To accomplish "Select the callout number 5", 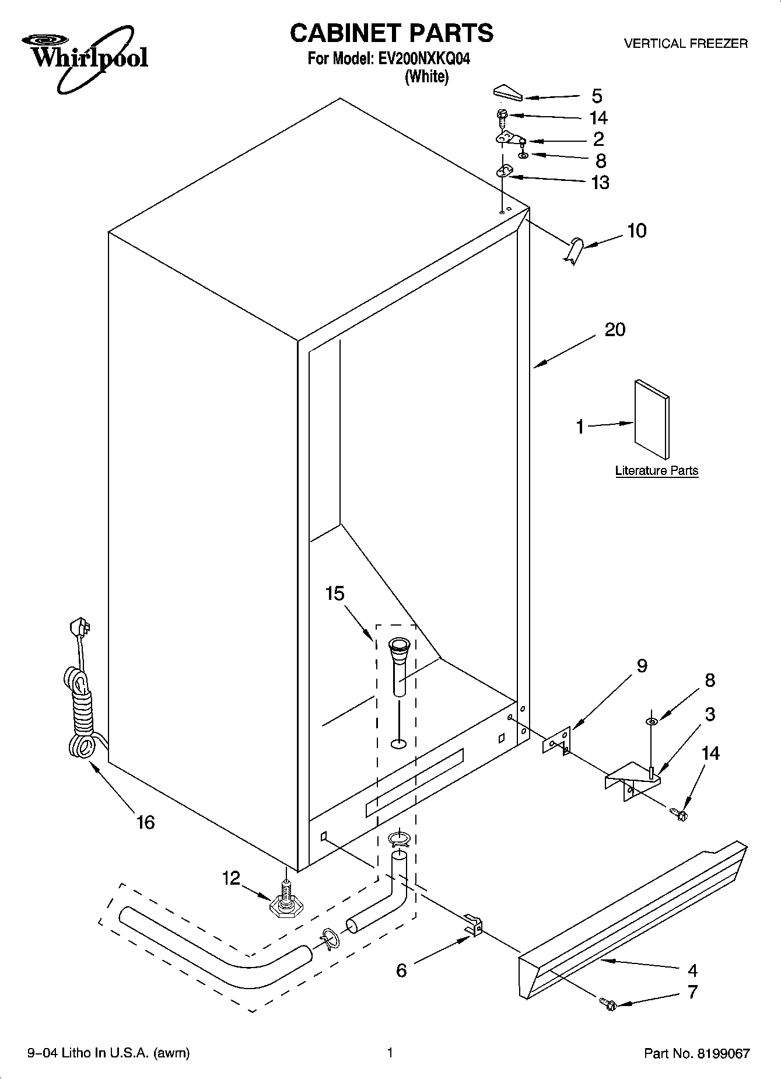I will (597, 96).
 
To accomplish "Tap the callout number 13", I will (600, 182).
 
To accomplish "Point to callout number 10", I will (637, 231).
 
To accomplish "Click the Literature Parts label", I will (657, 470).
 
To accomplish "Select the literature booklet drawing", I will (652, 419).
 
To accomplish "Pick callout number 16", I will (145, 822).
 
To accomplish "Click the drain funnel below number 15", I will (400, 665).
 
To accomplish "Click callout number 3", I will (710, 714).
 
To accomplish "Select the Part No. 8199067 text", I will (696, 1053).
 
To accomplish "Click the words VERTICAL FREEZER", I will (685, 43).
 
